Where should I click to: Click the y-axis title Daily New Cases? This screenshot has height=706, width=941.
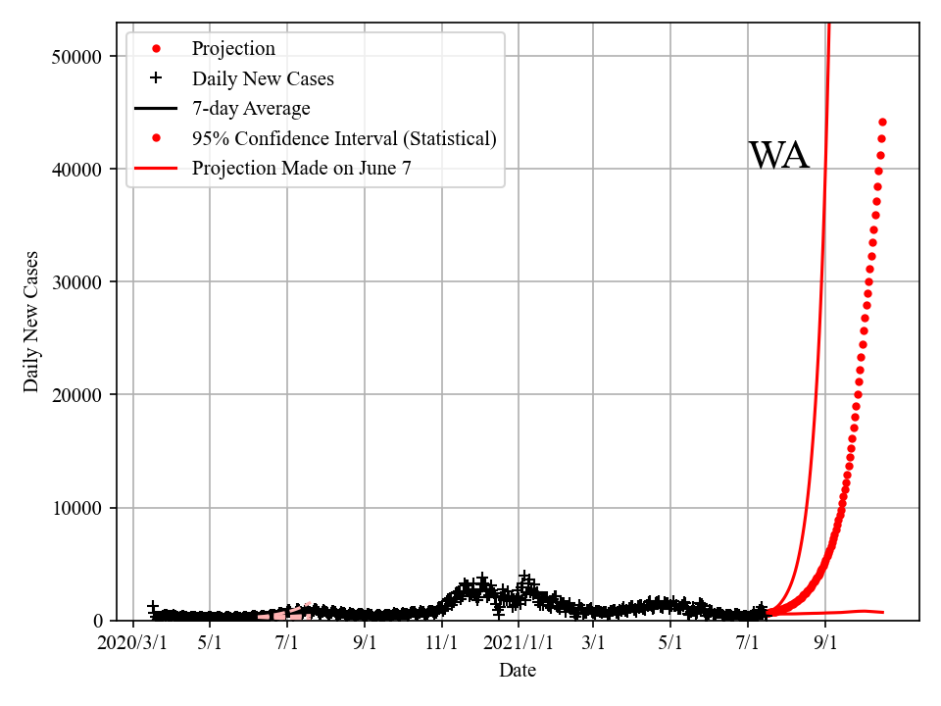pyautogui.click(x=31, y=322)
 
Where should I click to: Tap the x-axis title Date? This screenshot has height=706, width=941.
pyautogui.click(x=518, y=671)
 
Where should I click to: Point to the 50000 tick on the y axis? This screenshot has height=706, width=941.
pyautogui.click(x=77, y=56)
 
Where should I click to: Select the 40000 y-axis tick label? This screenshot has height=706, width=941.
pyautogui.click(x=77, y=169)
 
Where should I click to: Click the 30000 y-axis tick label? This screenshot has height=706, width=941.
pyautogui.click(x=77, y=281)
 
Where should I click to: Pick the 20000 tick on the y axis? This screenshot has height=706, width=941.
pyautogui.click(x=77, y=394)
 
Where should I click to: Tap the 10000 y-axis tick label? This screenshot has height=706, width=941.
pyautogui.click(x=77, y=508)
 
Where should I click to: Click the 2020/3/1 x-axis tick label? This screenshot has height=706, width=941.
pyautogui.click(x=132, y=644)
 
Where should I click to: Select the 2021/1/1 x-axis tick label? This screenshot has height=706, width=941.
pyautogui.click(x=519, y=644)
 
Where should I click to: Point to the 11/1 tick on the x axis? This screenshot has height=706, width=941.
pyautogui.click(x=442, y=644)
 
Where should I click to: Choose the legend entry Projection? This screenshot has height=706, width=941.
pyautogui.click(x=233, y=49)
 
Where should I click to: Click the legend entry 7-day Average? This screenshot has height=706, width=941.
pyautogui.click(x=251, y=109)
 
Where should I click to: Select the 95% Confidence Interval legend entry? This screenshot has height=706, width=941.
pyautogui.click(x=344, y=138)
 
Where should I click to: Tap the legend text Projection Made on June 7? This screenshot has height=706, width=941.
pyautogui.click(x=302, y=168)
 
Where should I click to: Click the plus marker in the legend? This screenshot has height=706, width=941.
pyautogui.click(x=156, y=78)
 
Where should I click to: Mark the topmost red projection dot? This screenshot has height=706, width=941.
pyautogui.click(x=882, y=122)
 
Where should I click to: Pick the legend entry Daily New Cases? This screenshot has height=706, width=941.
pyautogui.click(x=263, y=78)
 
